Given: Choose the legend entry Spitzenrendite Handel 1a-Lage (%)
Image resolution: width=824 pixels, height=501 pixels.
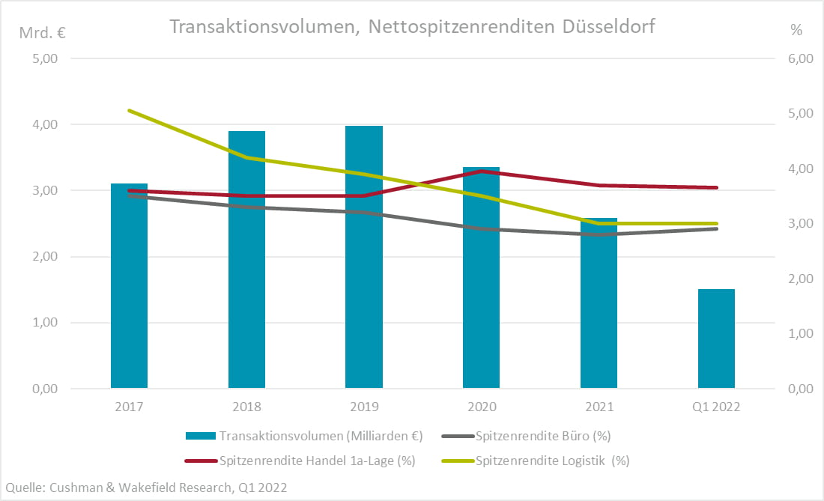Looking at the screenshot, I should (317, 461).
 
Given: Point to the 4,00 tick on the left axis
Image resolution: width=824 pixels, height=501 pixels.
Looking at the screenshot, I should (46, 124).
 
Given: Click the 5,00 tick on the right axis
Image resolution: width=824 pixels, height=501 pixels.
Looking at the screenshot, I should (801, 114).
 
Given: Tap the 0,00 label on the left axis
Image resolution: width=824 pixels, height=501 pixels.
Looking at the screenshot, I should (46, 389).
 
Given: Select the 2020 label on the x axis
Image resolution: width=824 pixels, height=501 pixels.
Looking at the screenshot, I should (482, 407).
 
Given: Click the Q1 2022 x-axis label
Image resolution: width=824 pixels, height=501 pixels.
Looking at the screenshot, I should (716, 407).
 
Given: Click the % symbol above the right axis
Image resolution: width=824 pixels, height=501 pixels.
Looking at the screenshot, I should (796, 31).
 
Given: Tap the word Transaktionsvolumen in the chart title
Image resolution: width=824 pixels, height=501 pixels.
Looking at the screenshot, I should (266, 27).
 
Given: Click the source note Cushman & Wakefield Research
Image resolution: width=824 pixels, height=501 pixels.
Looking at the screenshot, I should (145, 488).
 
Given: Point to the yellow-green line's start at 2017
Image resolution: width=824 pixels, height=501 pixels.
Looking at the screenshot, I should (129, 111).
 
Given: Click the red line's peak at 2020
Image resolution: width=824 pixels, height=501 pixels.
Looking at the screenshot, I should (482, 171).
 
